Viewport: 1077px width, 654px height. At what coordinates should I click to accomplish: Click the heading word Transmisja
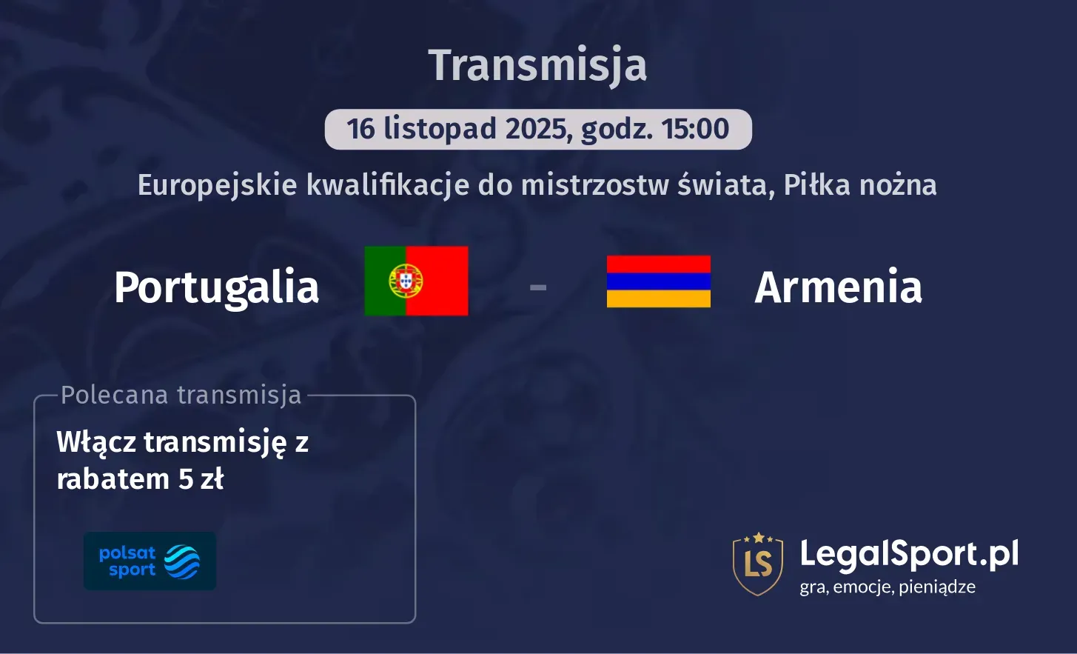point(537,65)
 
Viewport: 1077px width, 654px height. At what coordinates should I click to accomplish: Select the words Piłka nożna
point(860,184)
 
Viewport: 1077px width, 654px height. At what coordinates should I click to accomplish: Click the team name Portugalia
point(216,287)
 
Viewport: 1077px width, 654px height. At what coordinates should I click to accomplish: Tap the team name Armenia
point(838,287)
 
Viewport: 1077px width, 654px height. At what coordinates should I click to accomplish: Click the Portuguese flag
point(416,281)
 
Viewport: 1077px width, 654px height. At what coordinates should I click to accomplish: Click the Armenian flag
point(658,281)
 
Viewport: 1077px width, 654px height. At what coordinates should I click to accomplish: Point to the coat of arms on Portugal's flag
point(406,281)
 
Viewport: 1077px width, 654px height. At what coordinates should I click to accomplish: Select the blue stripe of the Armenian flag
point(658,281)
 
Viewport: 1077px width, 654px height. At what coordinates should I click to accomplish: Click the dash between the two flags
point(538,287)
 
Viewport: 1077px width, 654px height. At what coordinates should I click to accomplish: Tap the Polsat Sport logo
point(150,561)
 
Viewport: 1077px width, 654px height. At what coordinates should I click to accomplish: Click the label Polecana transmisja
point(181,395)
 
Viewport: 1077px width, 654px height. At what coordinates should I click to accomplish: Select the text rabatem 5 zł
point(140,479)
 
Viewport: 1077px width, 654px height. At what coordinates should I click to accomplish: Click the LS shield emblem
point(758,563)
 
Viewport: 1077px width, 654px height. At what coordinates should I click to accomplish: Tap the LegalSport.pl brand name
point(909,553)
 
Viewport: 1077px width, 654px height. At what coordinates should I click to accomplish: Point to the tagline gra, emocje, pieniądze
point(887,587)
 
